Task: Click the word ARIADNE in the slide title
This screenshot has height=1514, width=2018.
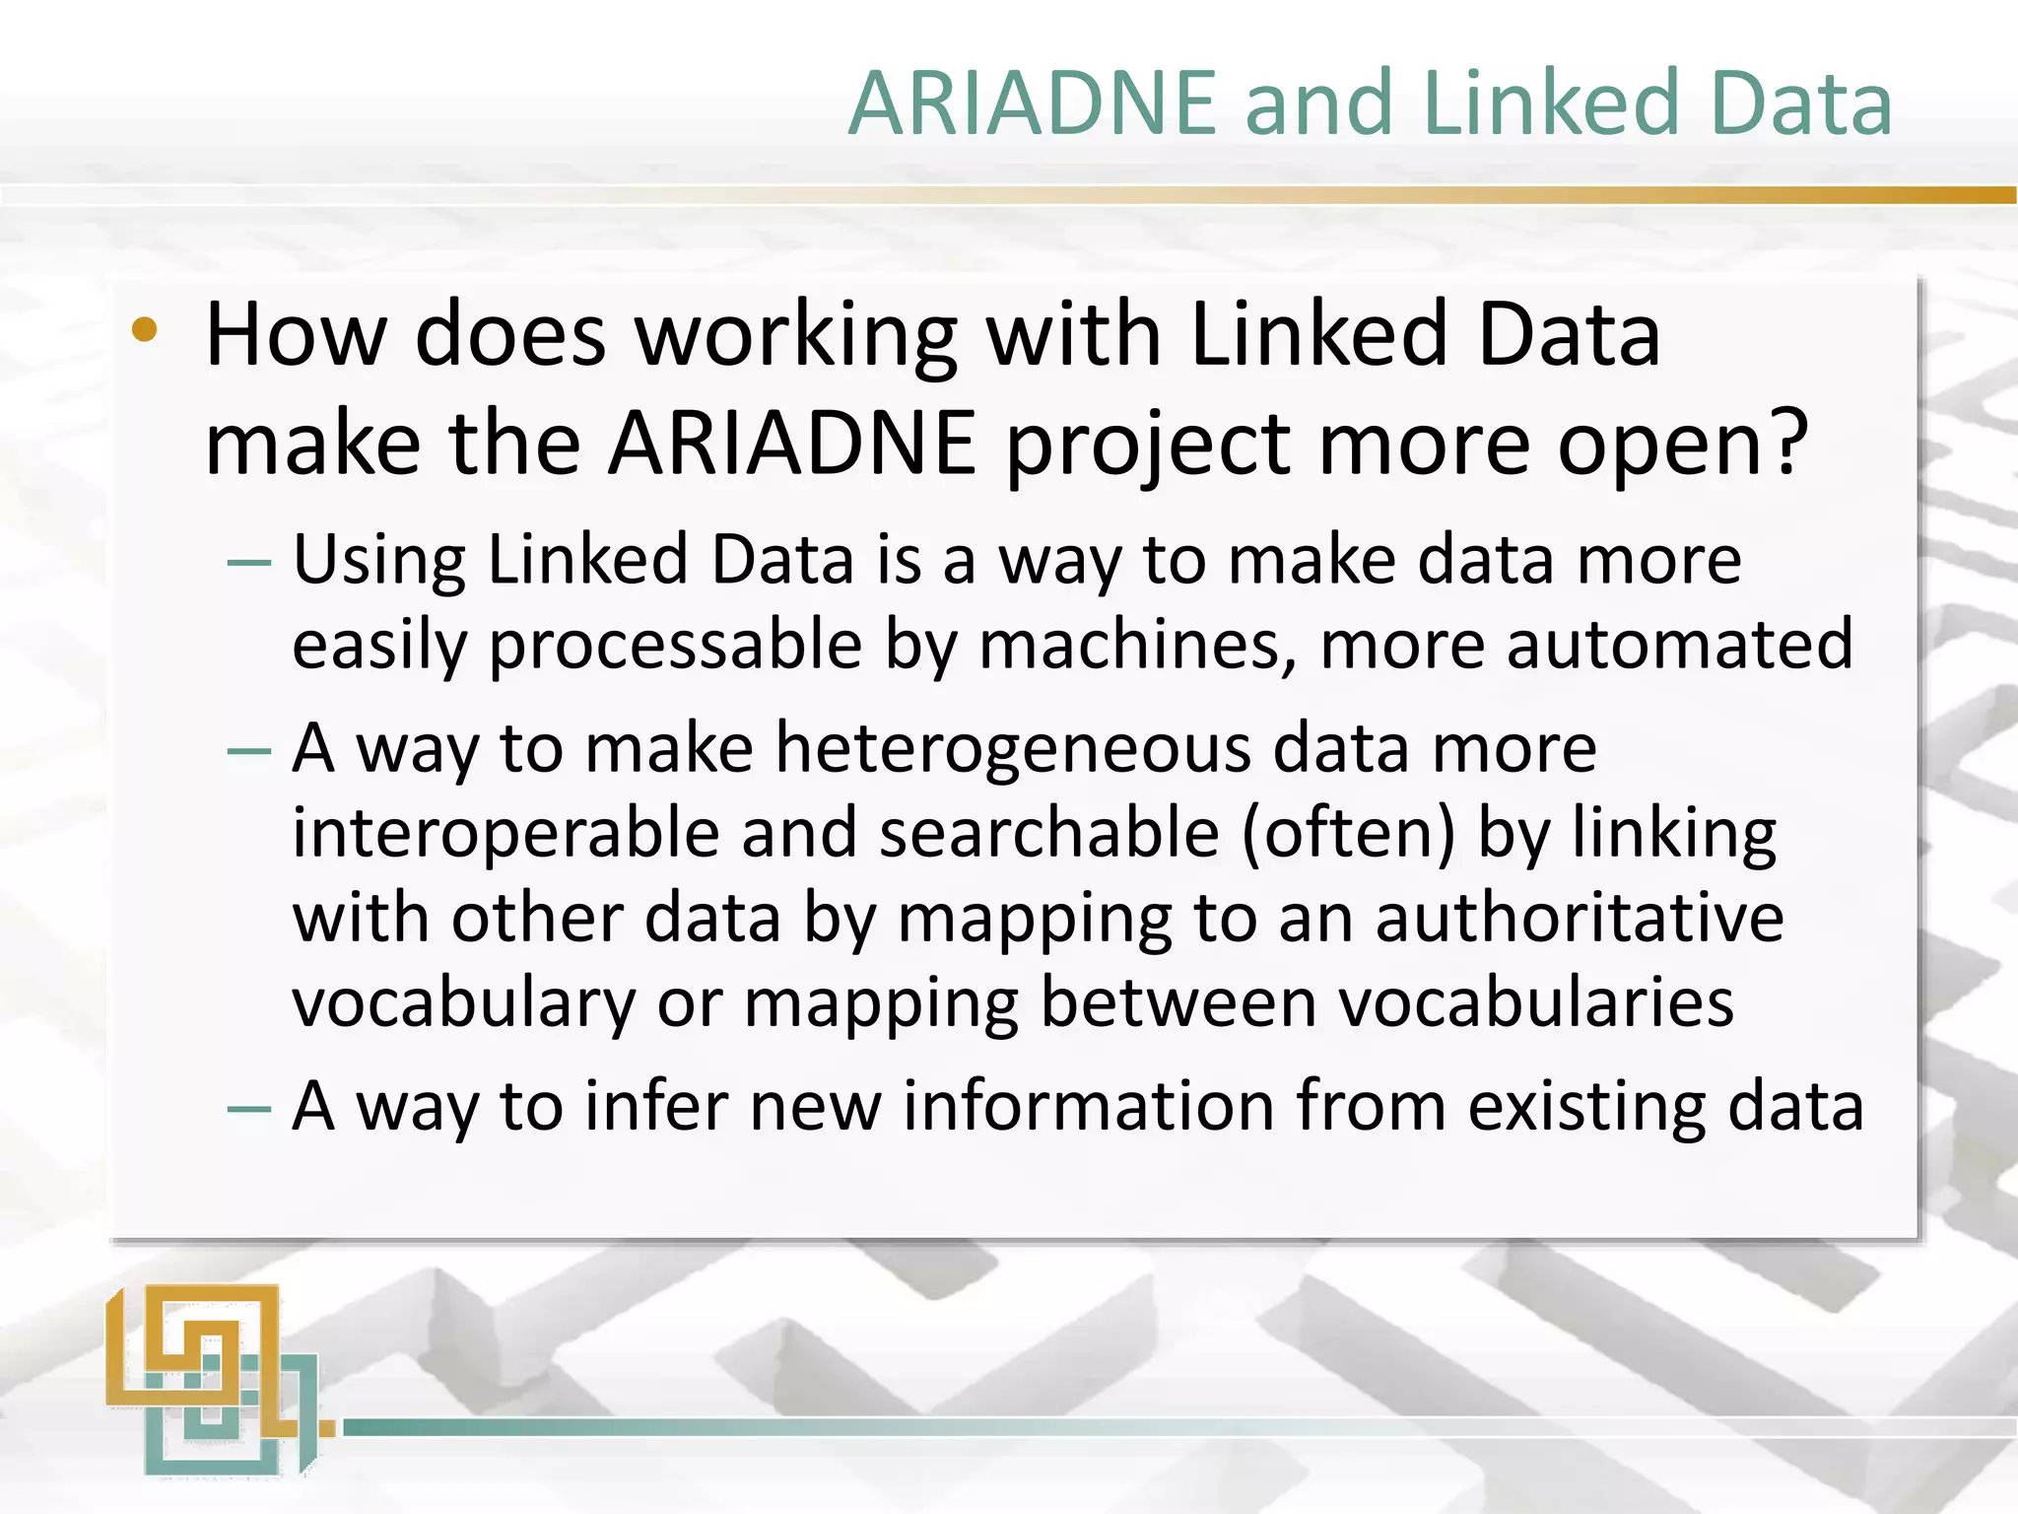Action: point(1032,103)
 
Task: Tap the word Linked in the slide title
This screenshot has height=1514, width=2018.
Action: point(1550,103)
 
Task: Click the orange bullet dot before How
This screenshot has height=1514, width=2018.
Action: point(144,330)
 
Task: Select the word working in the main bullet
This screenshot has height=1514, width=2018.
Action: point(795,338)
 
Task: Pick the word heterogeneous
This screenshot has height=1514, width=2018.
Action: point(1013,749)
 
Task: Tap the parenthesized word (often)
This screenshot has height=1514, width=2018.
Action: point(1347,834)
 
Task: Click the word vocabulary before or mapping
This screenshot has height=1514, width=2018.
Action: point(464,1003)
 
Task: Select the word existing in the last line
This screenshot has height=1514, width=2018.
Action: point(1585,1108)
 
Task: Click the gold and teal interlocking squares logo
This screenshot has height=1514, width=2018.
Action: point(212,1380)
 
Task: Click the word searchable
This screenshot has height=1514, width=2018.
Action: point(1048,834)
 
